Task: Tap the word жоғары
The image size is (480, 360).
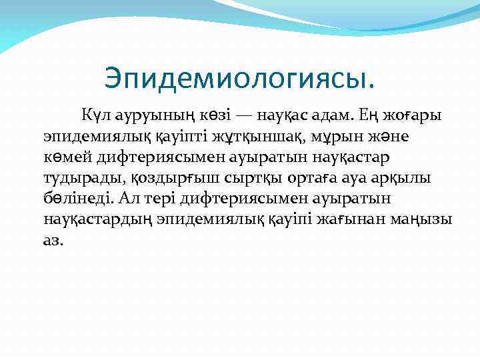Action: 416,116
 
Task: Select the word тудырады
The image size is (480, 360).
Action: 73,178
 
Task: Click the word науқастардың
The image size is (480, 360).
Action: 95,219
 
